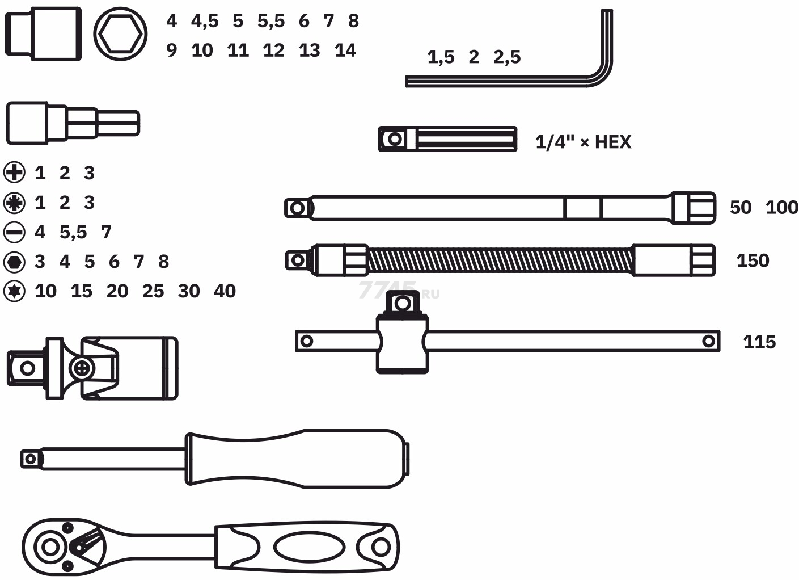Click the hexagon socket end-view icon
click(120, 34)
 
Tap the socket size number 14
click(345, 51)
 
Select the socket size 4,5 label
click(205, 21)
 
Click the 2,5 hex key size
click(507, 57)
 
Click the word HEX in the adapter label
click(613, 142)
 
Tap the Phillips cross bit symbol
click(14, 173)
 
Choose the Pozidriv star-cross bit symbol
click(14, 203)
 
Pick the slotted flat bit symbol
click(14, 232)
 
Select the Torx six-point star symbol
click(14, 291)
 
